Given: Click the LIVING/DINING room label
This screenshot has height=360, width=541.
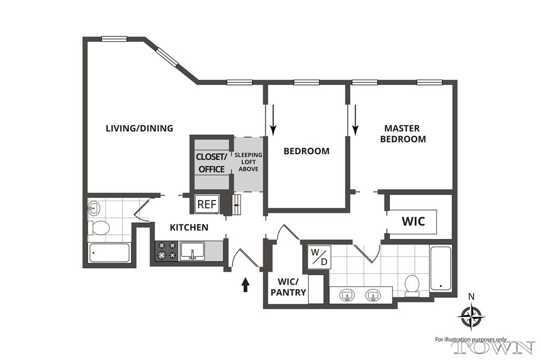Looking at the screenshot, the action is [139, 128].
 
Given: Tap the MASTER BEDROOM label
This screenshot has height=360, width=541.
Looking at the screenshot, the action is [403, 134].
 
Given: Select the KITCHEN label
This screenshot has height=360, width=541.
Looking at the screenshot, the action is [189, 228].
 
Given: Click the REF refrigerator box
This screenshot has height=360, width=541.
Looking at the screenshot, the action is [207, 204].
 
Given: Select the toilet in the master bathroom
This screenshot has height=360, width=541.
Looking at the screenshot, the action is [412, 286].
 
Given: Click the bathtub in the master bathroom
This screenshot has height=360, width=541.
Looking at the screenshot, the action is [441, 268].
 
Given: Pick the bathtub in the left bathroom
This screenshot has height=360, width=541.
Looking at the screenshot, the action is [109, 253].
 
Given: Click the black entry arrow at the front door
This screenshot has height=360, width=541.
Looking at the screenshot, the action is [245, 285].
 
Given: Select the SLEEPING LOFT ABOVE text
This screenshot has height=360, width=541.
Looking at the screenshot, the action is [248, 162].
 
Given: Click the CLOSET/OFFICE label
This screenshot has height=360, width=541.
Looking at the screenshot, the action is [211, 163].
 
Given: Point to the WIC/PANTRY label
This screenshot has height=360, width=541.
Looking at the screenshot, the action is [288, 287].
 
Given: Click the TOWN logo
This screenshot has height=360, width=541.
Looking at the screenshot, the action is [493, 347].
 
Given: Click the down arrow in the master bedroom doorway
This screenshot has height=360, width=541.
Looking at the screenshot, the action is [356, 120].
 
